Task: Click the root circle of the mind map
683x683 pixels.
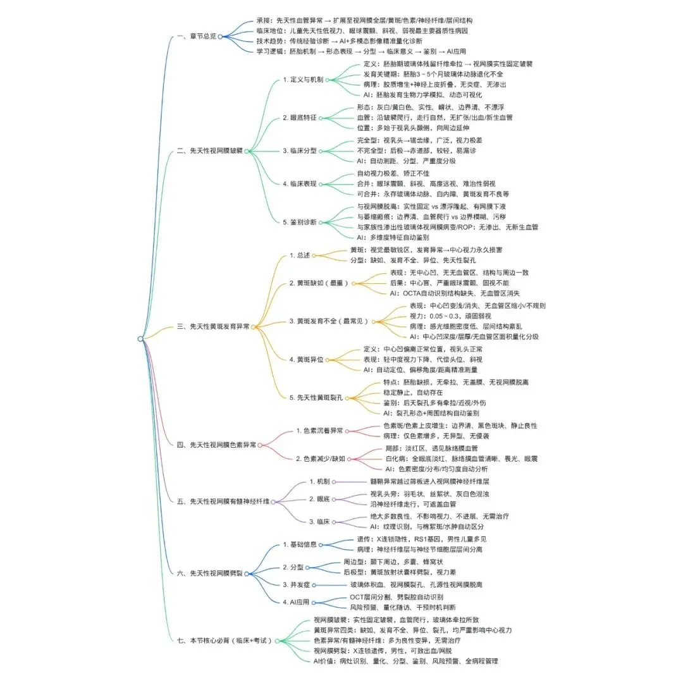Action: (x=140, y=339)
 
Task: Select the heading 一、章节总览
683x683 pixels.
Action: (x=197, y=37)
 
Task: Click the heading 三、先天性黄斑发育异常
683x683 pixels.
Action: (x=214, y=326)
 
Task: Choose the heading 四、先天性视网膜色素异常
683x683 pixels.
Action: (x=217, y=445)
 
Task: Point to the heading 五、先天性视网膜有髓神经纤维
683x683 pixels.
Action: (x=225, y=501)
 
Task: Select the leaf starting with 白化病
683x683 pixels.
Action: (x=462, y=458)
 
